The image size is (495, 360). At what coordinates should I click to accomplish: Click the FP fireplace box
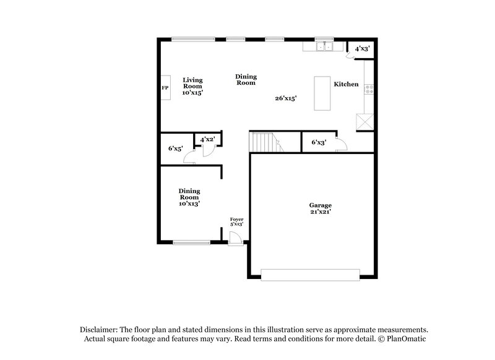(166, 88)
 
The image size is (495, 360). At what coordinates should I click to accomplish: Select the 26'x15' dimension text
(286, 98)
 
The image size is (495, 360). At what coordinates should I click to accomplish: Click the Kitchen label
(346, 84)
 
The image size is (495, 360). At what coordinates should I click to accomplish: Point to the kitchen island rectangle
(322, 93)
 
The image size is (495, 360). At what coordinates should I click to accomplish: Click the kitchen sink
(324, 46)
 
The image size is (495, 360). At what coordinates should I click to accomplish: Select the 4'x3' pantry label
(362, 48)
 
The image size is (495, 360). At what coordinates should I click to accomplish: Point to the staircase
(265, 143)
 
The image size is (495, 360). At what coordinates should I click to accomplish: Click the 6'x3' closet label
(318, 142)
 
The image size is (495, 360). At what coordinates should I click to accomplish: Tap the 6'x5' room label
(176, 148)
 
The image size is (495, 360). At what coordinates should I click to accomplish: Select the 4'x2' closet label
(207, 140)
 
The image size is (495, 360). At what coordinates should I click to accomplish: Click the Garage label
(321, 205)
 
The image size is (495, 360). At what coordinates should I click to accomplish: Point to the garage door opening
(310, 275)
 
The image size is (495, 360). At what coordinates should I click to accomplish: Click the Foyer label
(236, 220)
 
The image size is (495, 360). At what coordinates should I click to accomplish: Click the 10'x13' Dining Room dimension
(189, 203)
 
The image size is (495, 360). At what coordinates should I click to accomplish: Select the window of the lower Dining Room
(191, 242)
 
